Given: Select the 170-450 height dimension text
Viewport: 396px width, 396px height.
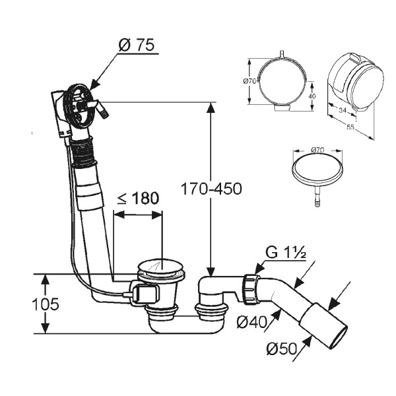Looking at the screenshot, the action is pyautogui.click(x=211, y=188).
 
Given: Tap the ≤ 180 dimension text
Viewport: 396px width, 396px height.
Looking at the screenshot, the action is pyautogui.click(x=139, y=199).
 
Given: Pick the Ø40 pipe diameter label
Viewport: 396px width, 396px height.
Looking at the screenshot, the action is pyautogui.click(x=251, y=322).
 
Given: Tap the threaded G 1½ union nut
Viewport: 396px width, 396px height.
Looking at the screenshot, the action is pyautogui.click(x=249, y=288).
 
